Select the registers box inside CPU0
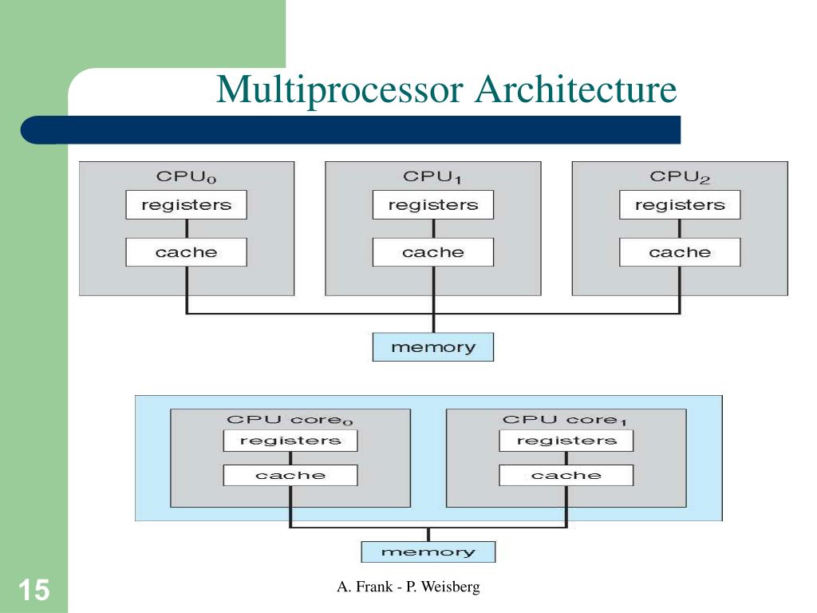[186, 205]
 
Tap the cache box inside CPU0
[186, 252]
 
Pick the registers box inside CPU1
[432, 205]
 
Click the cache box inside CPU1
[432, 252]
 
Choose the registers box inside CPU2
[680, 205]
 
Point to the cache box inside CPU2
[680, 252]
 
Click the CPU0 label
[186, 177]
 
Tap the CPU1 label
[432, 177]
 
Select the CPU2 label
[680, 177]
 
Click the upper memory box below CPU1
[432, 347]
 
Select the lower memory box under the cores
[428, 552]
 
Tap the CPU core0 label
[290, 420]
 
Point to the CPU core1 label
[566, 420]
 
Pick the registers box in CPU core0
[290, 441]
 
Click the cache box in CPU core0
[290, 475]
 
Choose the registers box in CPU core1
[566, 441]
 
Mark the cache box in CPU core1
[566, 475]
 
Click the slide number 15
[34, 591]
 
